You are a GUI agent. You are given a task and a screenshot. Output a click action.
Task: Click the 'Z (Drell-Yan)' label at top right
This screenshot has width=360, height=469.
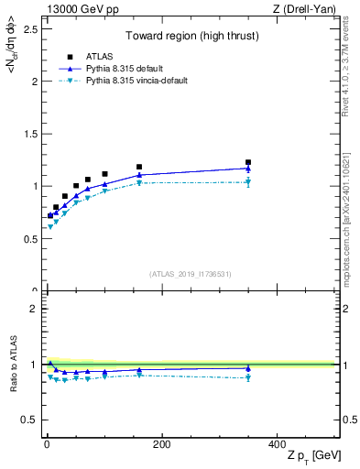(x=311, y=9)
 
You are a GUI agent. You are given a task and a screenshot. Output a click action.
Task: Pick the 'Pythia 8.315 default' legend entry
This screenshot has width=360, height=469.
(x=102, y=68)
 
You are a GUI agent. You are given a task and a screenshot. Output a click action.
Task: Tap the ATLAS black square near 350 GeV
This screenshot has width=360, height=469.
(x=248, y=162)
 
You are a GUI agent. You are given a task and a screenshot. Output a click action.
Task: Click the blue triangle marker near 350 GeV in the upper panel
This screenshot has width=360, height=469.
(x=248, y=169)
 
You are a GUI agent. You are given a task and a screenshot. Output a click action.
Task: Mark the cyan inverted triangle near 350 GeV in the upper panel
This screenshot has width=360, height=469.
(x=248, y=182)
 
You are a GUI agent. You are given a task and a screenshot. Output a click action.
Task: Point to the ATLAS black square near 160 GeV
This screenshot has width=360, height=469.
(x=139, y=167)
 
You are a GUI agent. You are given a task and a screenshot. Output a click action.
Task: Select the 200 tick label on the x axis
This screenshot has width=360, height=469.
(x=161, y=444)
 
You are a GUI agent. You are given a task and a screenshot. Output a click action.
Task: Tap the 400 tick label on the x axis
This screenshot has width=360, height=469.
(x=277, y=444)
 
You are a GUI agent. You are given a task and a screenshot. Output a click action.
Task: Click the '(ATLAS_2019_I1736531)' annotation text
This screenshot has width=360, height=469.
(x=191, y=273)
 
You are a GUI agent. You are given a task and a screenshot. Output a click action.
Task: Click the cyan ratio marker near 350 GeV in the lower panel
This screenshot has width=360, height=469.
(x=248, y=377)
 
